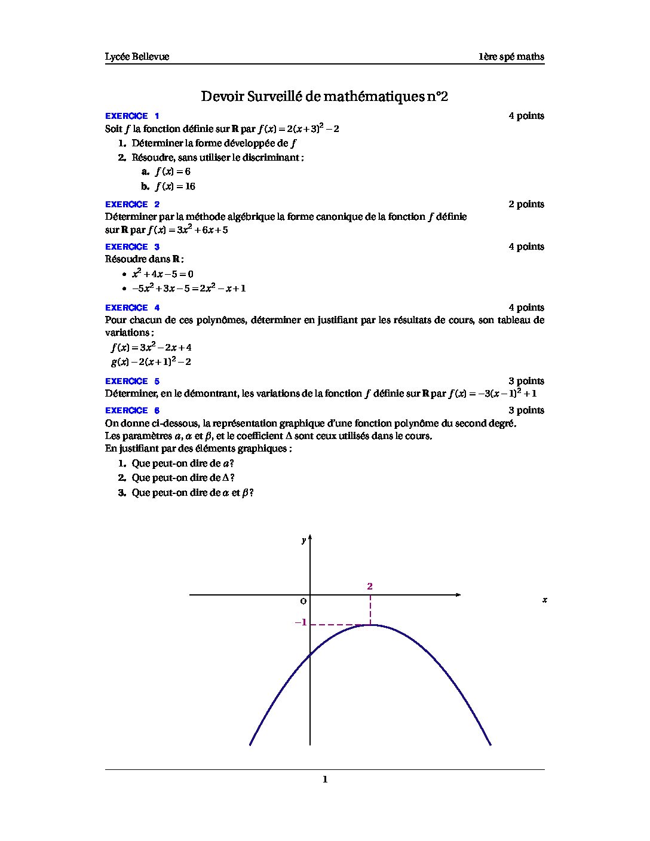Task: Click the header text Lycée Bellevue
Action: [x=137, y=57]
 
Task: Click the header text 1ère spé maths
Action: [x=511, y=57]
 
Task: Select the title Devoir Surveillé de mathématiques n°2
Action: [x=324, y=96]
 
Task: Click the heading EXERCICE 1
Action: [x=132, y=116]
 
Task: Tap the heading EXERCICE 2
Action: [x=132, y=204]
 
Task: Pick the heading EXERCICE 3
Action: [x=132, y=247]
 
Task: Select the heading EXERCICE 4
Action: [x=132, y=308]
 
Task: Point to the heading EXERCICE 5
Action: [x=132, y=381]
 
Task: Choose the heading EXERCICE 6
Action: [x=132, y=410]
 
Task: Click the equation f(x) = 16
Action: [x=175, y=186]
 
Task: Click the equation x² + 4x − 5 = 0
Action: [x=162, y=274]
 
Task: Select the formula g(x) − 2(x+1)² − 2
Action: [x=151, y=362]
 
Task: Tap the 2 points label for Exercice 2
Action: [x=526, y=204]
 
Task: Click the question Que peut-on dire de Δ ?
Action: [x=183, y=478]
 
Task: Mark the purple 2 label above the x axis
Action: [x=370, y=587]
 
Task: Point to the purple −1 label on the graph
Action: [x=301, y=622]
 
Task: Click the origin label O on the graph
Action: [x=303, y=601]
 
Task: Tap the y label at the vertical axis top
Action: [x=303, y=541]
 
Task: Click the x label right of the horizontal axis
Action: [x=544, y=600]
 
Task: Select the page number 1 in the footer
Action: [x=325, y=779]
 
